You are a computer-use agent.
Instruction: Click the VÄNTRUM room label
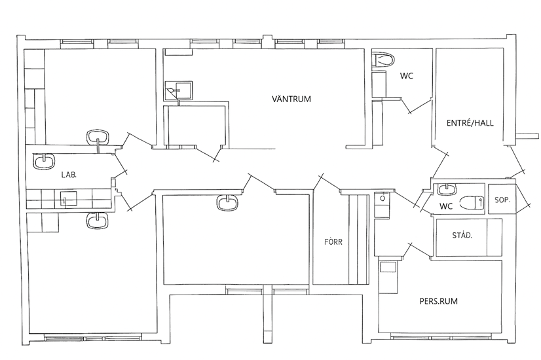click(x=291, y=99)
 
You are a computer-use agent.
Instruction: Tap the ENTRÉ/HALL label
click(x=470, y=123)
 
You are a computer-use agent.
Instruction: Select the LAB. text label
click(x=69, y=175)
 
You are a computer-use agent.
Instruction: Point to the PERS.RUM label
click(x=439, y=301)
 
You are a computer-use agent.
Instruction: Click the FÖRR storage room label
click(x=333, y=242)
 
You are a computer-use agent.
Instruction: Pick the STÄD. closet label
click(x=462, y=236)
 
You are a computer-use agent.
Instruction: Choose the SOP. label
click(x=502, y=200)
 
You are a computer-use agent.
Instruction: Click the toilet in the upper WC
click(x=383, y=60)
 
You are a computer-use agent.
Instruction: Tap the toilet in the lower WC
click(x=472, y=202)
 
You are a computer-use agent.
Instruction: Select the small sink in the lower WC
click(x=447, y=189)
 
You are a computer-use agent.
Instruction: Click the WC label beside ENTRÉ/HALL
click(x=407, y=76)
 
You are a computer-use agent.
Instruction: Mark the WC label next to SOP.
click(x=446, y=207)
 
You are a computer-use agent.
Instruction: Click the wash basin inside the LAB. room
click(x=44, y=162)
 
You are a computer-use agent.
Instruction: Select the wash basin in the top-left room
click(x=98, y=137)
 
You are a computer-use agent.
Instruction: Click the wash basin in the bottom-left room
click(x=97, y=221)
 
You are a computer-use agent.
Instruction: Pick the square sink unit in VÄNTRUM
click(x=178, y=90)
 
